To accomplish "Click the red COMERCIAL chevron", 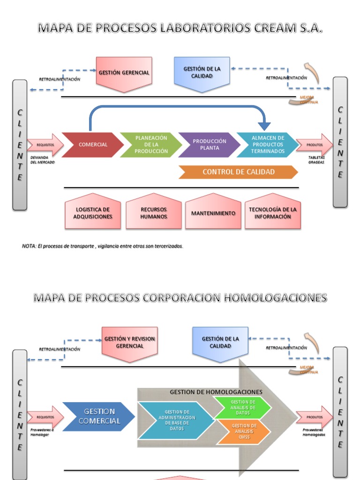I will (93, 144).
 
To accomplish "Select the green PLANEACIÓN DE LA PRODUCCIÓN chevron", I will (151, 144).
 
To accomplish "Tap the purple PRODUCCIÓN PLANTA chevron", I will (209, 144).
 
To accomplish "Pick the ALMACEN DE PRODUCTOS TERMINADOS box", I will (267, 144).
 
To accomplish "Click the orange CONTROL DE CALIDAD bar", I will (238, 172).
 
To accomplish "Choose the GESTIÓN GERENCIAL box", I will (124, 73).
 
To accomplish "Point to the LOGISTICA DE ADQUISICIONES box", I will (93, 213).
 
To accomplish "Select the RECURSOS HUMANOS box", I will (154, 213).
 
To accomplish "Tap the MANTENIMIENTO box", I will (213, 213).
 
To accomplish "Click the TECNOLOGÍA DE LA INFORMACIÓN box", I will (273, 213).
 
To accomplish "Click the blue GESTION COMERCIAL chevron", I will (99, 416).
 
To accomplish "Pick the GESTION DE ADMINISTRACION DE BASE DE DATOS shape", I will (177, 420).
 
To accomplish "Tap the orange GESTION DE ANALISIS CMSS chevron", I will (243, 431).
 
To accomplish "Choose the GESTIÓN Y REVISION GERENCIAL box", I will (130, 343).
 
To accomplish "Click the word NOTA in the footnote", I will (29, 246).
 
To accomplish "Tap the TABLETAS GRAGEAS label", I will (316, 160).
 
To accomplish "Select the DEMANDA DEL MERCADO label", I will (43, 160).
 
